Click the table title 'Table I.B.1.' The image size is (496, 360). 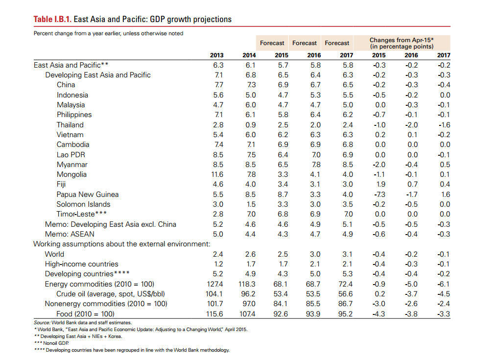pos(53,20)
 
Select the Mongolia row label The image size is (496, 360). pos(71,174)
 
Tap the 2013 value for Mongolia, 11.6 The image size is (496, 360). pos(217,174)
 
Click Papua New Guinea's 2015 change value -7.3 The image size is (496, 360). pos(379,194)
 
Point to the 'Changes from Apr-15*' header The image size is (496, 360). pos(402,40)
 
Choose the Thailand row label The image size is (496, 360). pos(70,125)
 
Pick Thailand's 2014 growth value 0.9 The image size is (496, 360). pos(250,125)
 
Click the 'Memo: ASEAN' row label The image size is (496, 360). pos(70,234)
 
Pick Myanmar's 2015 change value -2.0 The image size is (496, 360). pos(379,165)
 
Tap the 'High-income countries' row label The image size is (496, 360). pos(81,264)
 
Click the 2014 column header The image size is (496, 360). pos(249,55)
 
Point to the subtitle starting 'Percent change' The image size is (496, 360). pos(108,33)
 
